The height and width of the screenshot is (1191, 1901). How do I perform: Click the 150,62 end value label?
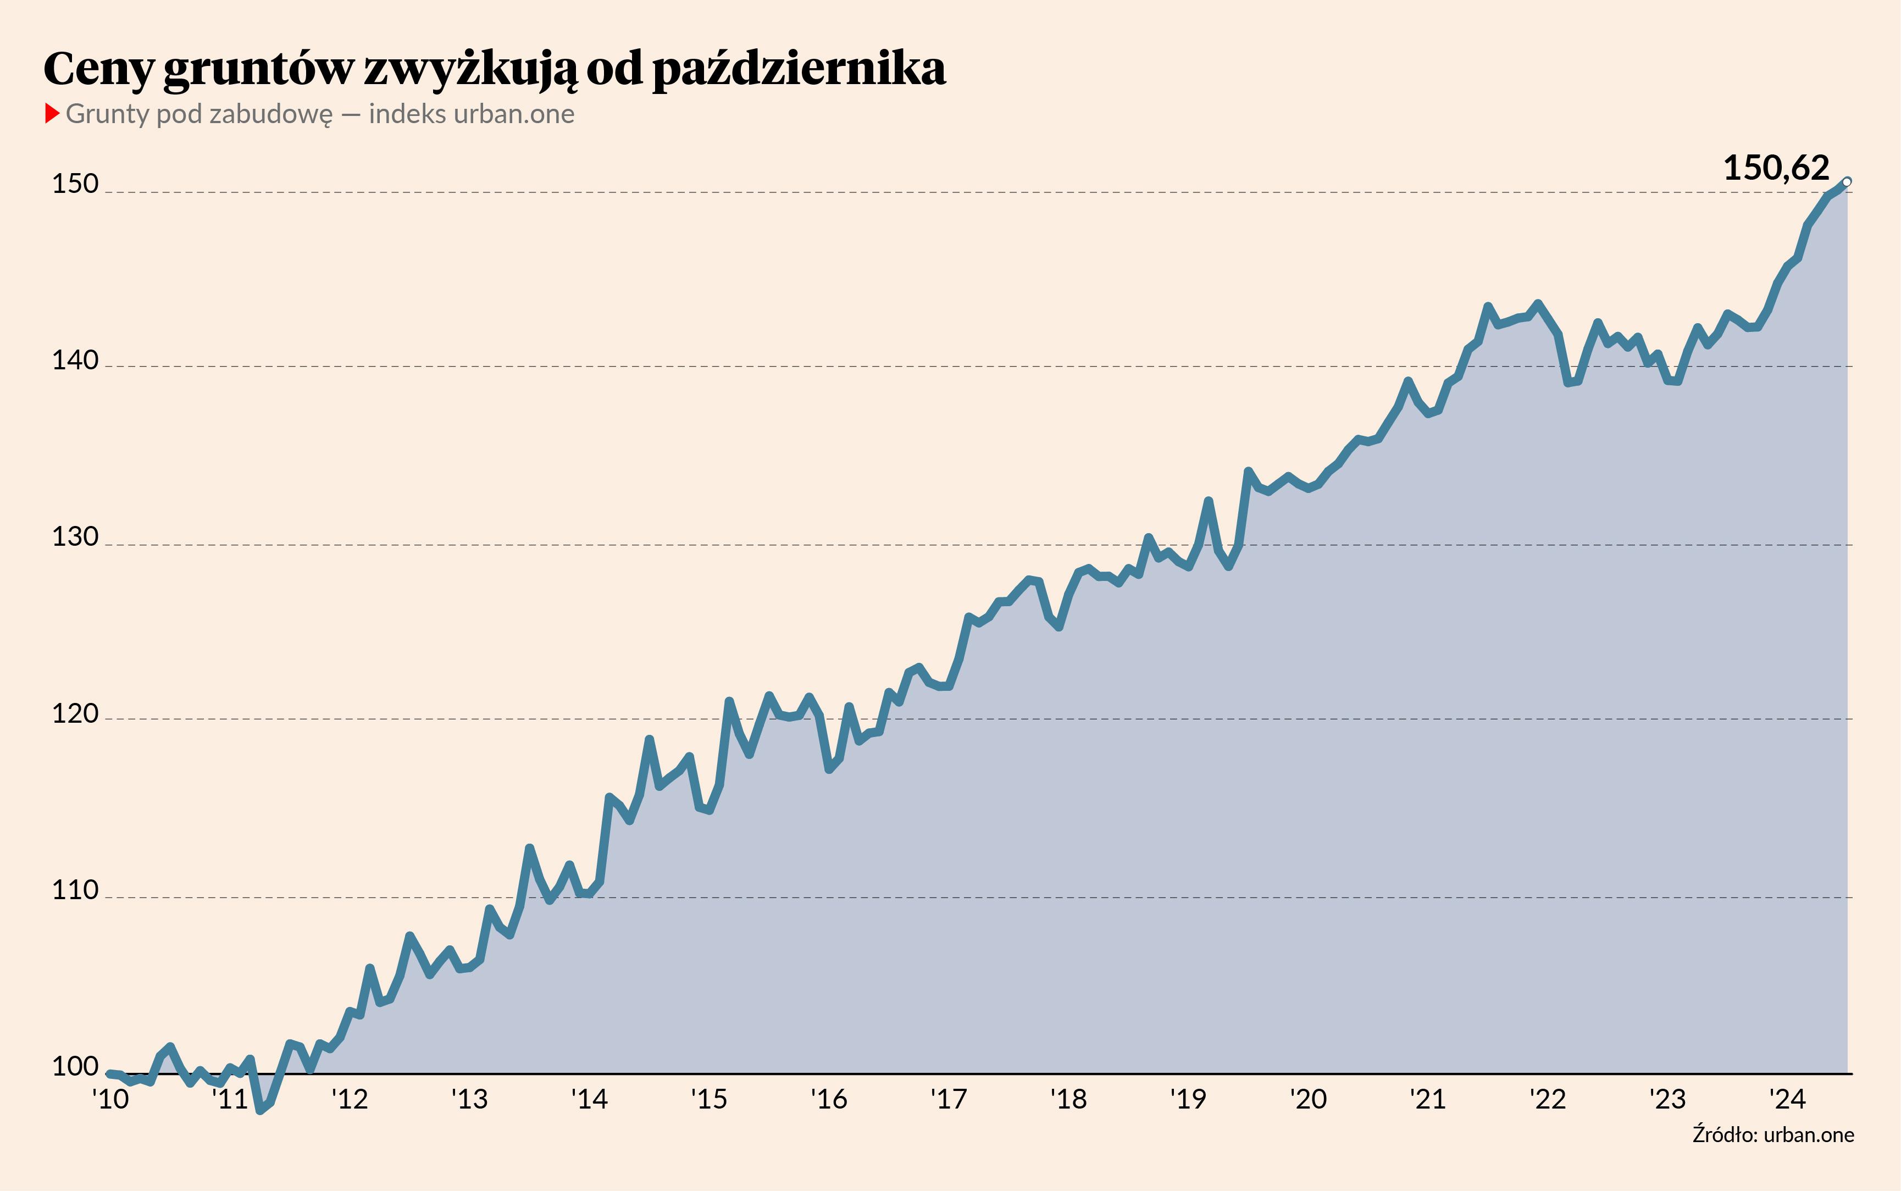point(1776,168)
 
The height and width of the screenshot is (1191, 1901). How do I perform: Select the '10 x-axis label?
point(110,1099)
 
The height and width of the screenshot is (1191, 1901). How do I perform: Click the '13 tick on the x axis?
point(469,1099)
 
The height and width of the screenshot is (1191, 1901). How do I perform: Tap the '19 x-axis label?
point(1188,1099)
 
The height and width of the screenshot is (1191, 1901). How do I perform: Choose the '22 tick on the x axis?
point(1548,1099)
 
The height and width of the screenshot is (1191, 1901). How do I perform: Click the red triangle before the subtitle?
point(52,113)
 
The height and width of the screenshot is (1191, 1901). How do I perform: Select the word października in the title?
point(799,69)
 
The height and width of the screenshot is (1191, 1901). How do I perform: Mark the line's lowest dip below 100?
point(261,1110)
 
